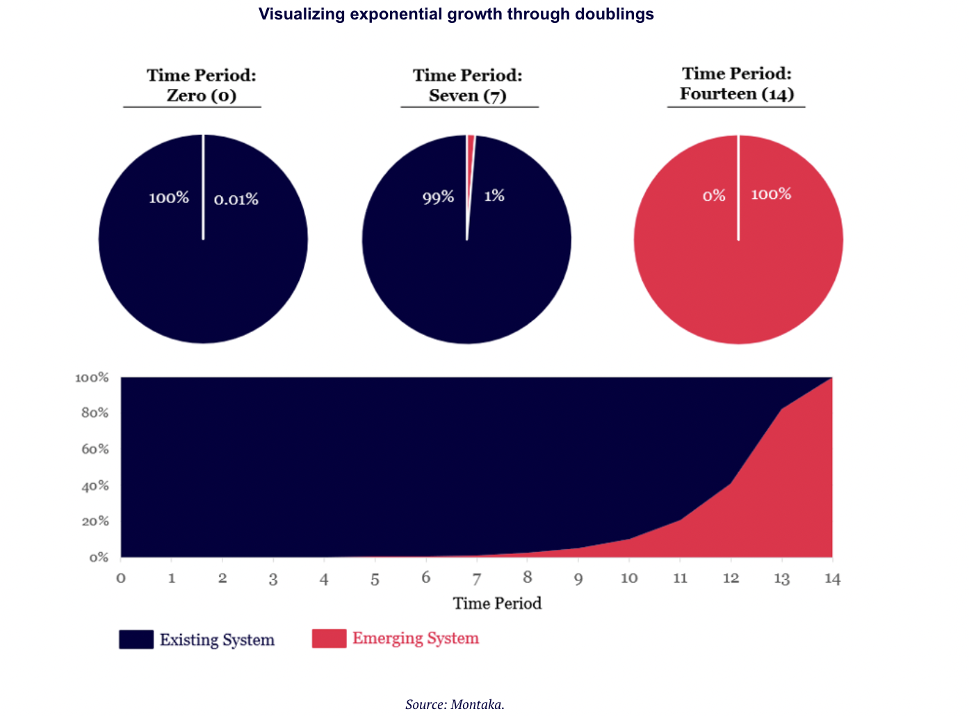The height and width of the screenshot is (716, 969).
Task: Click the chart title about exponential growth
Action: pos(456,15)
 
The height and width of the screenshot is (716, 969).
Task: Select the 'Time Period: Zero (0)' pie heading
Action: pos(201,86)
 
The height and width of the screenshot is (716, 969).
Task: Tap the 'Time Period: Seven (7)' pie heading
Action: pos(467,86)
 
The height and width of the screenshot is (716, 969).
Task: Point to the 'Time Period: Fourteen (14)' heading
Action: pos(736,84)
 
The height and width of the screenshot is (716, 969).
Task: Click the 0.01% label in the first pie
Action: pos(236,200)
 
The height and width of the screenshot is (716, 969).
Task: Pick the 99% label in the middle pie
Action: pos(438,198)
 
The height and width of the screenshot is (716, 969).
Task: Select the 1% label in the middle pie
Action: pos(494,196)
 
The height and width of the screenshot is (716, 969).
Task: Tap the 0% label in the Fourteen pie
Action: pos(714,196)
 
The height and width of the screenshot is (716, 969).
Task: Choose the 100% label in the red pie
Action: pos(771,194)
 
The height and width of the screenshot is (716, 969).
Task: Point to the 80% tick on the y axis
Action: pos(95,413)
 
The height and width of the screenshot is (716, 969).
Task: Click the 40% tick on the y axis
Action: pos(95,486)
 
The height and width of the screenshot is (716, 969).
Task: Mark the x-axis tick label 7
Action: pos(477,579)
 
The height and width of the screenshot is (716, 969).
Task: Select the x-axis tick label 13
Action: pos(782,579)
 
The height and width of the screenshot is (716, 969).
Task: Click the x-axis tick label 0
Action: pos(121,578)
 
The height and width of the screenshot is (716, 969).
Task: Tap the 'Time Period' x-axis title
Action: pos(497,603)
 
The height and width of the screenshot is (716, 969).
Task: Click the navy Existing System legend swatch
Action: pos(136,640)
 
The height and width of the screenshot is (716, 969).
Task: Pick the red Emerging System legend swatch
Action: pos(329,638)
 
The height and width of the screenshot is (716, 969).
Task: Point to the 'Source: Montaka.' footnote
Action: pos(455,704)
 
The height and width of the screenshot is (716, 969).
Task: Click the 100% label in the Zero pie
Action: pos(169,198)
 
